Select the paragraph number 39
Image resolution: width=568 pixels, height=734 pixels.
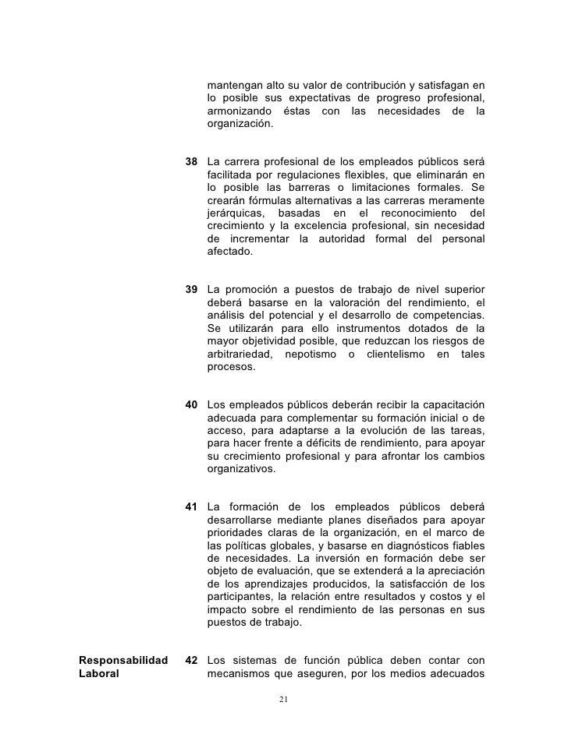pyautogui.click(x=191, y=290)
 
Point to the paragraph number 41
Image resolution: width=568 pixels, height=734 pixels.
pyautogui.click(x=191, y=507)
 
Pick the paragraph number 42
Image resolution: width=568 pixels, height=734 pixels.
pyautogui.click(x=191, y=661)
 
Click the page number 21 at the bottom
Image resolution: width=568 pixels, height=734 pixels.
pyautogui.click(x=284, y=699)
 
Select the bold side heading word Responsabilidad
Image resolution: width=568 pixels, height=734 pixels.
pyautogui.click(x=124, y=661)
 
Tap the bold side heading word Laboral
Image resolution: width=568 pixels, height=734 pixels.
pyautogui.click(x=99, y=674)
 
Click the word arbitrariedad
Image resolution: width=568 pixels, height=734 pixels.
pyautogui.click(x=240, y=354)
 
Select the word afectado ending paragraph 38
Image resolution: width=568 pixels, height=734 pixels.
pyautogui.click(x=230, y=252)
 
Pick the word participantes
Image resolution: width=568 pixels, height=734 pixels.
pyautogui.click(x=241, y=597)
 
